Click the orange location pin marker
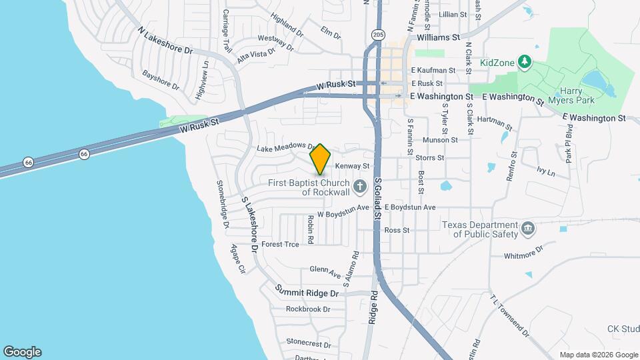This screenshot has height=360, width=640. click(x=321, y=159)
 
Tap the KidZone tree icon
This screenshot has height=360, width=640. click(x=525, y=62)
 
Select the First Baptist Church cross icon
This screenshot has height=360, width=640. click(x=360, y=187)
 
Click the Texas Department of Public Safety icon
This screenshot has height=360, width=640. click(x=528, y=229)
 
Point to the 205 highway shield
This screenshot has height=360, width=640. click(x=379, y=34)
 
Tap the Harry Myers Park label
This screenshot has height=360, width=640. click(x=576, y=95)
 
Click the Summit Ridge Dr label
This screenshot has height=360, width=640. click(x=307, y=292)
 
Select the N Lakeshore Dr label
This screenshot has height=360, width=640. click(x=165, y=41)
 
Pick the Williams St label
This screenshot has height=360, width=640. click(x=438, y=39)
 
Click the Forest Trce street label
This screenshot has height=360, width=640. click(x=280, y=244)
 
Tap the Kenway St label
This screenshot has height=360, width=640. click(x=352, y=165)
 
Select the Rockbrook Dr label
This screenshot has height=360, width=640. click(x=308, y=309)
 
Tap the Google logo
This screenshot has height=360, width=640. click(x=22, y=352)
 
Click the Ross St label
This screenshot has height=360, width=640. click(x=397, y=230)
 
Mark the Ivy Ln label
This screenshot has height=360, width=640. click(x=545, y=171)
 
